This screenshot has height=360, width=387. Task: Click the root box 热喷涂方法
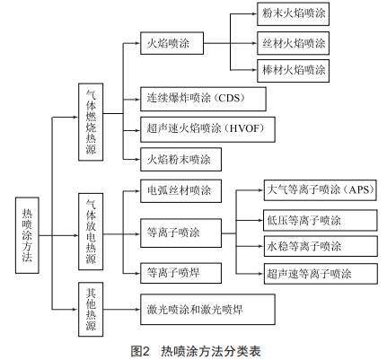[27, 235]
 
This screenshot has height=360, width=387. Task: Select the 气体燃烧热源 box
[91, 122]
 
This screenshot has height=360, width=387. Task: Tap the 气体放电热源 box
[91, 232]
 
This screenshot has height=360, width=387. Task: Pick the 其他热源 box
[91, 310]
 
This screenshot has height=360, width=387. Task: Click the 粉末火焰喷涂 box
[293, 13]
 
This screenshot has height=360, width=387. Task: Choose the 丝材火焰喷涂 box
[293, 43]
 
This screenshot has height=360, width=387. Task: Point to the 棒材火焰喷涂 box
[293, 71]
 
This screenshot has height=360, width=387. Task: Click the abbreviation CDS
[229, 98]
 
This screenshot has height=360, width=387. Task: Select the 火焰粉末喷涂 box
[180, 159]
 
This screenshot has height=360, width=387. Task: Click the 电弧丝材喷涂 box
[180, 191]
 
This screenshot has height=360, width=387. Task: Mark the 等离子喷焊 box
[180, 273]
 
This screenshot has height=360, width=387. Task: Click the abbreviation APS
[361, 189]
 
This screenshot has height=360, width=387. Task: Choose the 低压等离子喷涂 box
[321, 220]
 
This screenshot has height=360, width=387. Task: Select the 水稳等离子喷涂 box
[321, 246]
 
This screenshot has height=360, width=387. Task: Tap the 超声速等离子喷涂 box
[321, 274]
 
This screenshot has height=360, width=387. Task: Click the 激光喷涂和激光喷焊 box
[207, 310]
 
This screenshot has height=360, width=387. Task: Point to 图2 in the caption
[140, 351]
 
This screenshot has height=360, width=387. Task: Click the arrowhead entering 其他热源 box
[75, 310]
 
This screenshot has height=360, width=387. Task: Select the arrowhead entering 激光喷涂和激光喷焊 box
[137, 310]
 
